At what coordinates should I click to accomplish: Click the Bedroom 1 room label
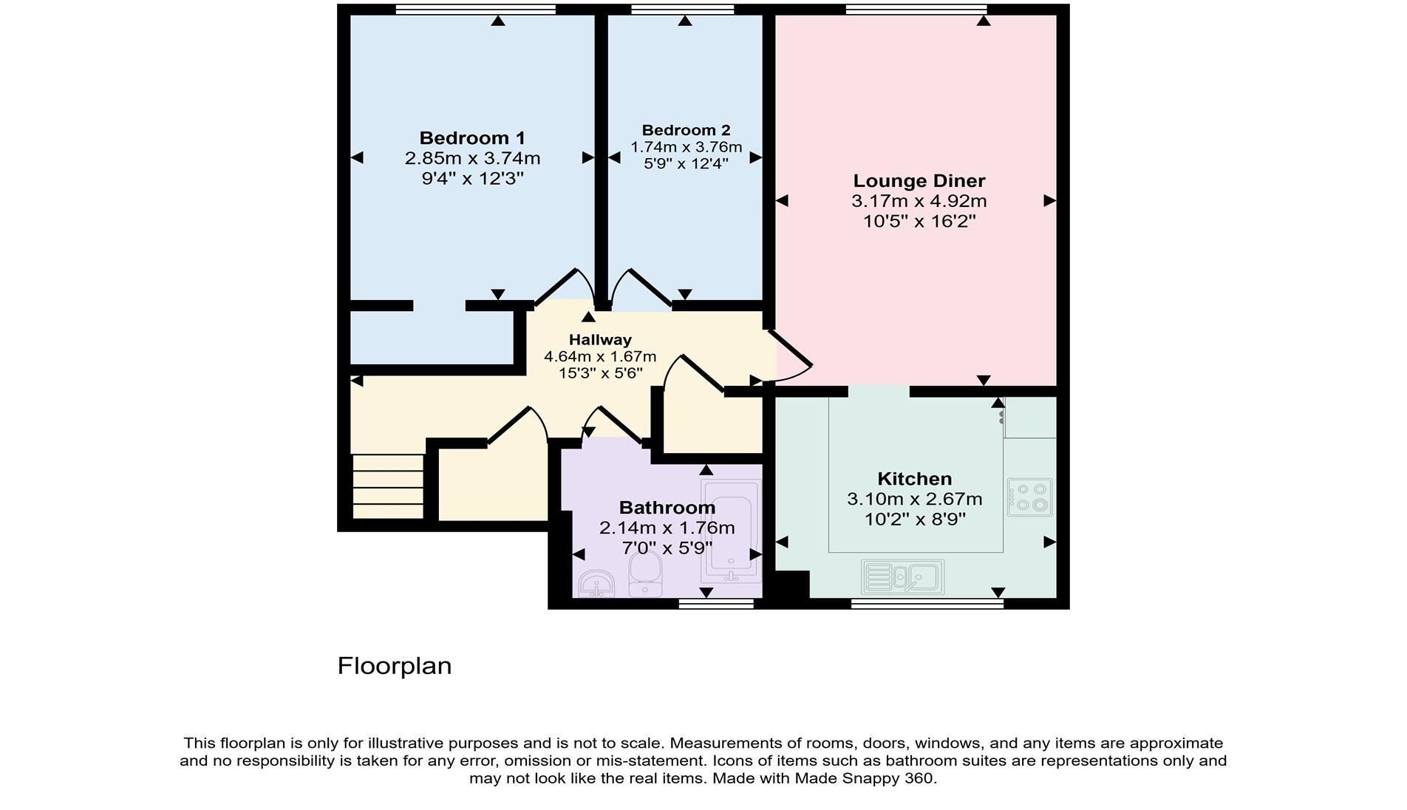(x=472, y=138)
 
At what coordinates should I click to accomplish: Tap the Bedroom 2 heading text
(x=686, y=130)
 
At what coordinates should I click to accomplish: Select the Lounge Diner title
(x=919, y=181)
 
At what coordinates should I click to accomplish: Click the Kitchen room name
(x=914, y=479)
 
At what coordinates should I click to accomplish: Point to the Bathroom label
(x=667, y=508)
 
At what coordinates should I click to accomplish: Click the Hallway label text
(x=600, y=340)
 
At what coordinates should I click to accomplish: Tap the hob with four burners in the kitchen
(x=1029, y=497)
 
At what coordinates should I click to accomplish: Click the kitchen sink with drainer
(x=902, y=576)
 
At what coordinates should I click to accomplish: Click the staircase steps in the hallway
(x=388, y=486)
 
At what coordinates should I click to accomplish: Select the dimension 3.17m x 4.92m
(x=919, y=201)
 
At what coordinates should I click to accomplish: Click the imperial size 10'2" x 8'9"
(x=915, y=520)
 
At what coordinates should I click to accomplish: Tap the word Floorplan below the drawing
(x=394, y=666)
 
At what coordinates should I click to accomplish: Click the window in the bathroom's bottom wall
(x=715, y=605)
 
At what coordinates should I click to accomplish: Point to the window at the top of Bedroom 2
(x=682, y=10)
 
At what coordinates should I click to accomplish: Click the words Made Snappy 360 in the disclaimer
(x=864, y=778)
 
